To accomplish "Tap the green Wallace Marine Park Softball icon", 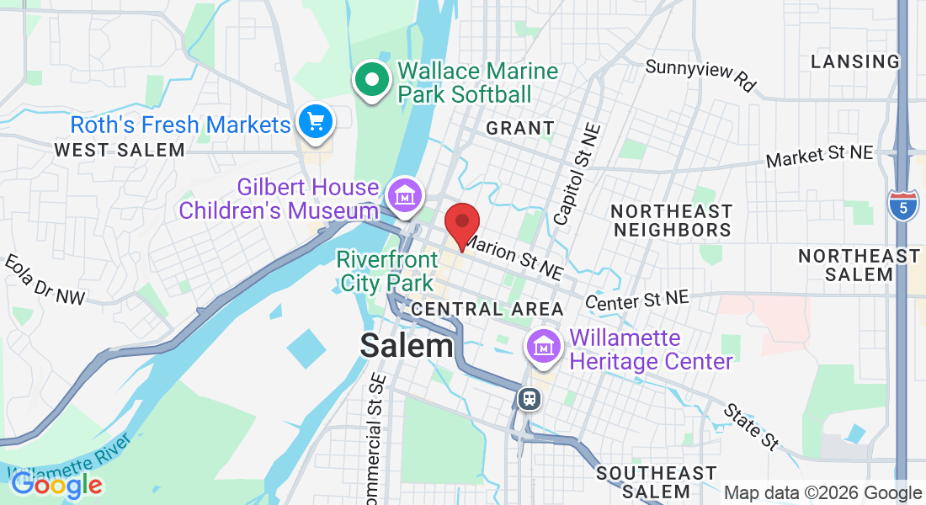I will pyautogui.click(x=371, y=81).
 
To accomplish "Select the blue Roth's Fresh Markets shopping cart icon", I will pyautogui.click(x=317, y=123).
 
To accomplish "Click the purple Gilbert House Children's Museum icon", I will pyautogui.click(x=404, y=195).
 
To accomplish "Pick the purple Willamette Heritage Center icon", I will pyautogui.click(x=545, y=346).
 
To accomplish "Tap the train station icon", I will pyautogui.click(x=529, y=398).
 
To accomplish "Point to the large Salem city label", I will pyautogui.click(x=407, y=345).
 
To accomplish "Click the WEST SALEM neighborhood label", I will pyautogui.click(x=119, y=151).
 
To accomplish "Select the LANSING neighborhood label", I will pyautogui.click(x=854, y=61).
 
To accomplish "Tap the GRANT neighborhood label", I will pyautogui.click(x=520, y=129).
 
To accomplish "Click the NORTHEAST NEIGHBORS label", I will pyautogui.click(x=672, y=221).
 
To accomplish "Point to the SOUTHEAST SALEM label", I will pyautogui.click(x=656, y=482).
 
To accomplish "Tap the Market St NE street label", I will pyautogui.click(x=820, y=156).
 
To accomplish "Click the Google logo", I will pyautogui.click(x=56, y=484).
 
